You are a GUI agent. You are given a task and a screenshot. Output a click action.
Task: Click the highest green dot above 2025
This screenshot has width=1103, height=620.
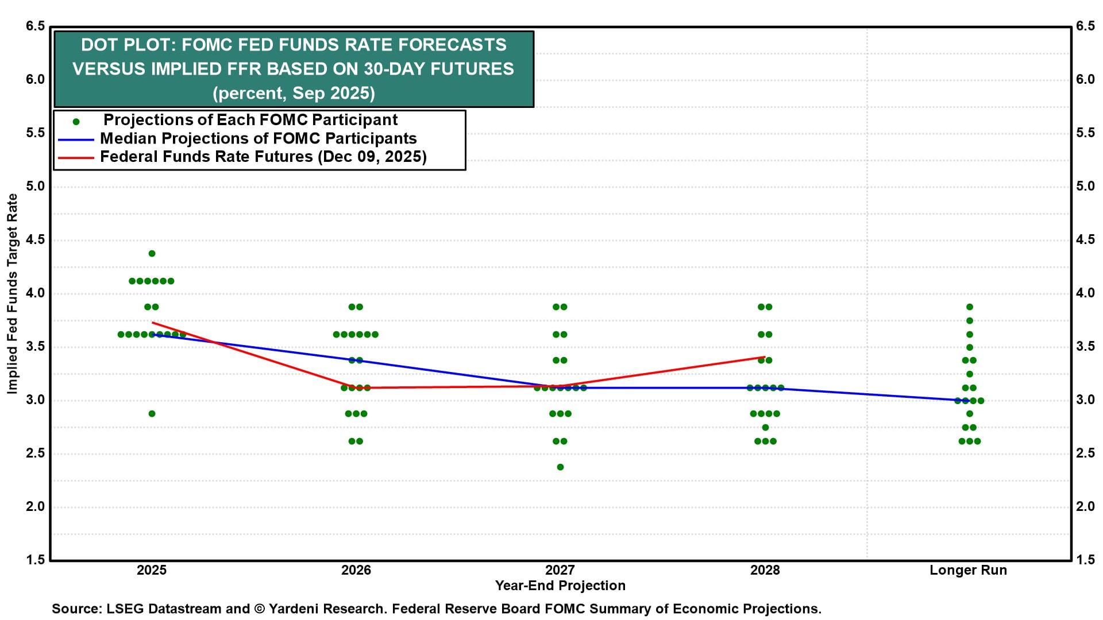tap(152, 253)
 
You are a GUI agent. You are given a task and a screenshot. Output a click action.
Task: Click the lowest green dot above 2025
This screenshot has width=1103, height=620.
tap(152, 413)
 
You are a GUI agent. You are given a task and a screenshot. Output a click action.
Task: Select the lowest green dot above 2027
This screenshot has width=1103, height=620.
tap(560, 467)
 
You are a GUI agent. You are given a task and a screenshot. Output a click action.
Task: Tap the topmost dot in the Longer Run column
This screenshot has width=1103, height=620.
tap(970, 307)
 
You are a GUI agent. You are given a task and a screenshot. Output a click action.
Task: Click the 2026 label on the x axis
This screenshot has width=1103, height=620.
tap(356, 570)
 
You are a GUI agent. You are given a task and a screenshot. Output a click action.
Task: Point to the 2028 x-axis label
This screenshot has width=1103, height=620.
tap(765, 570)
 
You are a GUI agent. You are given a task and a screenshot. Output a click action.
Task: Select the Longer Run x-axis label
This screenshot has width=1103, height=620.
tap(968, 570)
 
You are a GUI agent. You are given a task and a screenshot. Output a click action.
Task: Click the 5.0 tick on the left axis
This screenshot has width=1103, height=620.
tap(35, 186)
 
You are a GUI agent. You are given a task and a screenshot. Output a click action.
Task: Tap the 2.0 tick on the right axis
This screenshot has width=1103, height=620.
tap(1085, 506)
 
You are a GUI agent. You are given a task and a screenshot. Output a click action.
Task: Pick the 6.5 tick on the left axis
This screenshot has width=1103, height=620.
tap(35, 26)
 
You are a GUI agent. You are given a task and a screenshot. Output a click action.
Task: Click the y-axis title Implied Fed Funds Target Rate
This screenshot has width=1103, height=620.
tap(12, 293)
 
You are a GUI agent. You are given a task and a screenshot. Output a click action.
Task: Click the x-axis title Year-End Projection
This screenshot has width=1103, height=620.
tap(560, 586)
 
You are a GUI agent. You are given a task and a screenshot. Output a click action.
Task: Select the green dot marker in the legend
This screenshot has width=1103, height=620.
tap(76, 121)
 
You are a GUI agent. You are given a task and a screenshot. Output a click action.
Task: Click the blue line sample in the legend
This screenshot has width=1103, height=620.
tap(76, 139)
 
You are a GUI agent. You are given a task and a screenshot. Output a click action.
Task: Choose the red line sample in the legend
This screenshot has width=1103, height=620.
tap(76, 157)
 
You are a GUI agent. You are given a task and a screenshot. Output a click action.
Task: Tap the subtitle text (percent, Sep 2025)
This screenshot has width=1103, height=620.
tap(294, 93)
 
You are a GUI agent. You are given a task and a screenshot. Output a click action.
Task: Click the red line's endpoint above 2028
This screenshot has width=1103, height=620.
tap(765, 357)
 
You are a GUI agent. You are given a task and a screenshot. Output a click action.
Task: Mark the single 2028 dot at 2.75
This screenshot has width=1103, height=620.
tap(765, 427)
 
